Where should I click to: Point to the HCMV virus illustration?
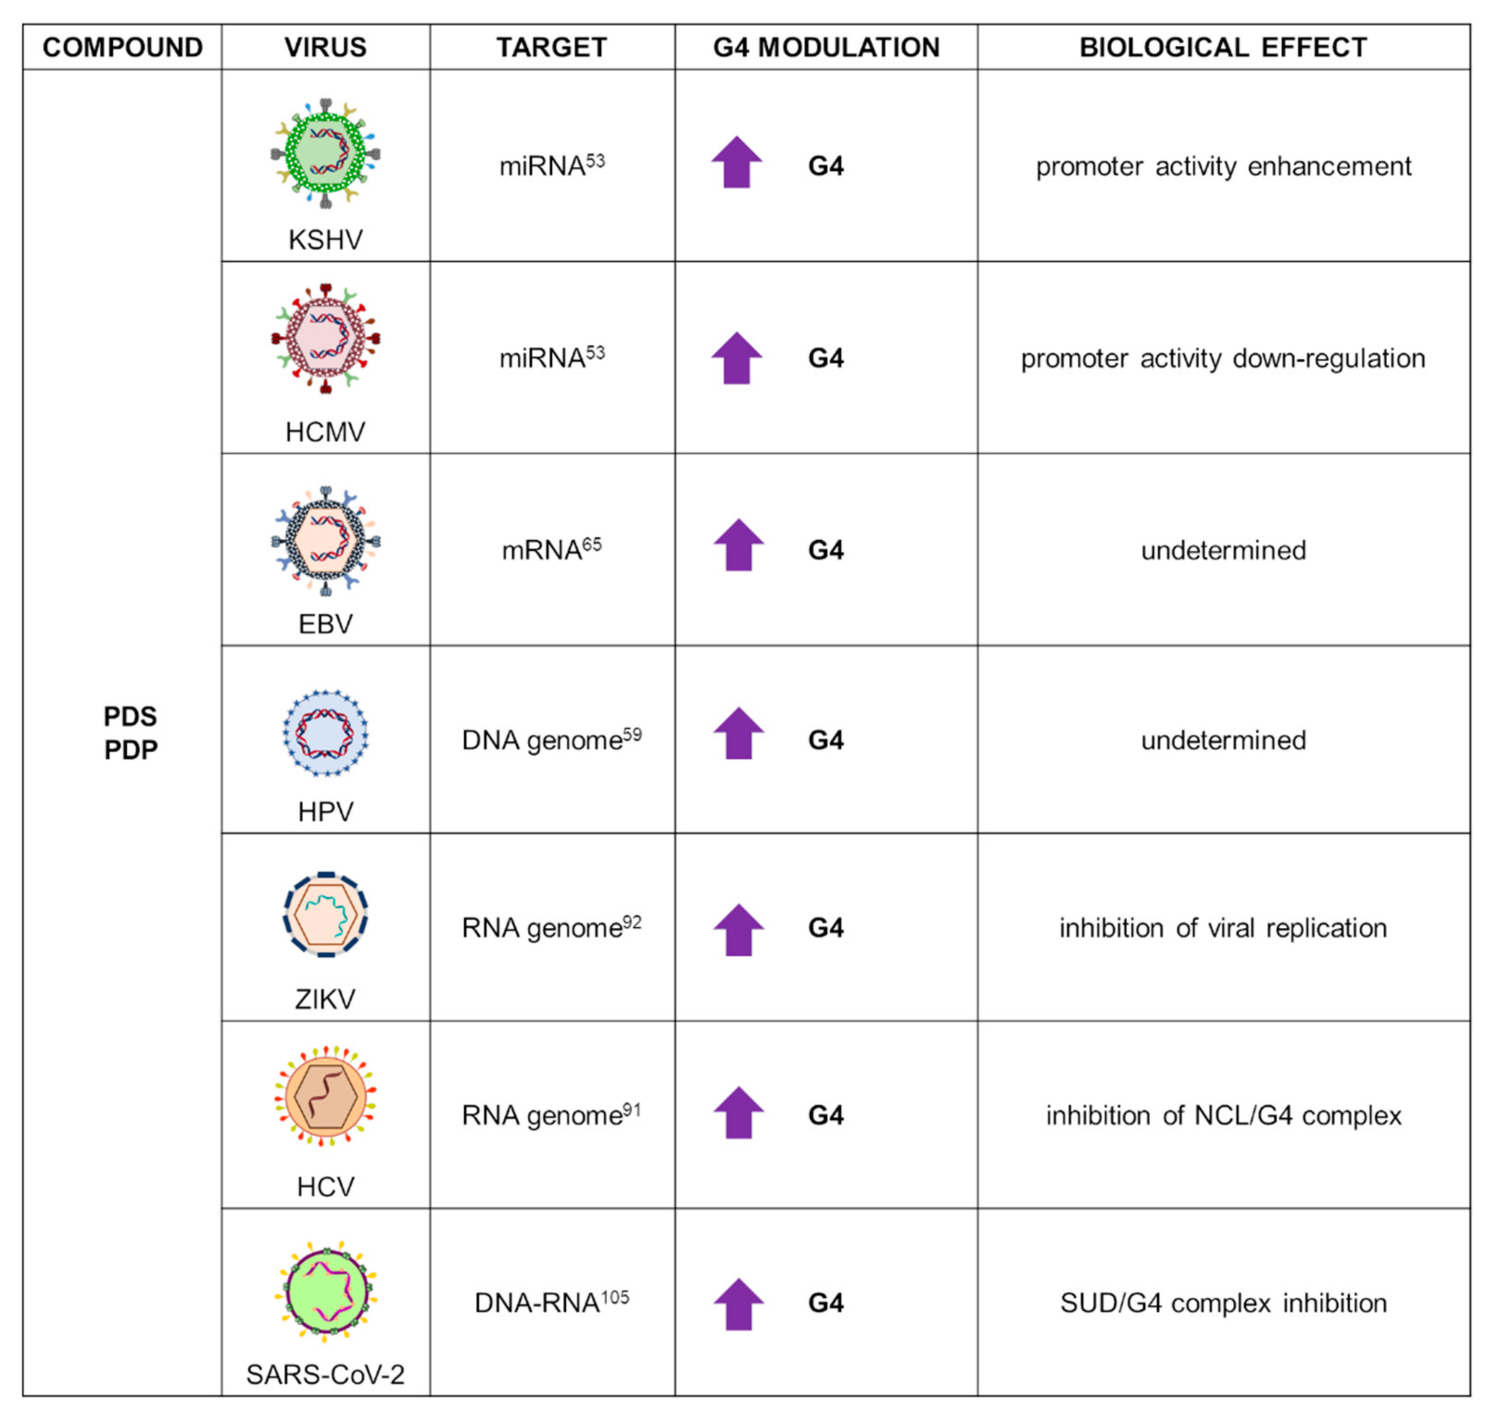[326, 339]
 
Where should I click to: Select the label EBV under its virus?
[326, 624]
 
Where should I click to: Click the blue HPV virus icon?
[326, 733]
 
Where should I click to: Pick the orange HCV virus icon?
[326, 1097]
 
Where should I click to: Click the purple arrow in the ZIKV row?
[738, 930]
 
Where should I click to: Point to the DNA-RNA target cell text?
[551, 1303]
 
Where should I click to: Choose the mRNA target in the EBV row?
[551, 550]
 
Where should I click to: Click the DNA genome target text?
[551, 740]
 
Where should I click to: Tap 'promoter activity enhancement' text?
[1222, 166]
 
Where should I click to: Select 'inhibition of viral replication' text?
[1222, 928]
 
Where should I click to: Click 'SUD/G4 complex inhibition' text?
[1222, 1303]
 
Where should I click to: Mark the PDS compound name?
[130, 716]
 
